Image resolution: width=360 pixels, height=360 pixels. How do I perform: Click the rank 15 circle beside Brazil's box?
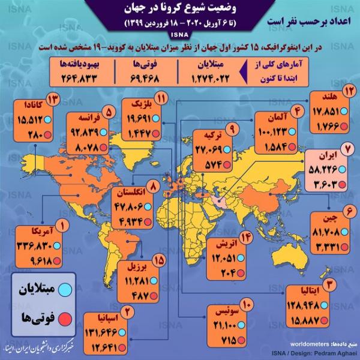tap(159, 260)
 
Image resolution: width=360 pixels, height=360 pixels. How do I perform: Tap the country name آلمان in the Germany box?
tap(269, 120)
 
